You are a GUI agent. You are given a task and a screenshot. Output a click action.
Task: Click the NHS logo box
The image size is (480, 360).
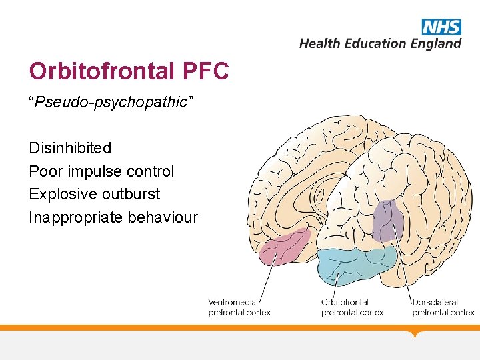click(x=441, y=27)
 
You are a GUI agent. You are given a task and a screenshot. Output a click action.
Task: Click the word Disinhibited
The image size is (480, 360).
click(x=70, y=147)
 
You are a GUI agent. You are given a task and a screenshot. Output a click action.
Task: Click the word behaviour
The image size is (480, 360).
click(x=163, y=217)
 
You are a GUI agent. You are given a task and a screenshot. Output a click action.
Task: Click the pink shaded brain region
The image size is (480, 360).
click(x=285, y=246)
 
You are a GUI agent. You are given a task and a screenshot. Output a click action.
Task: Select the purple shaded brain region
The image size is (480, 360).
click(x=387, y=221)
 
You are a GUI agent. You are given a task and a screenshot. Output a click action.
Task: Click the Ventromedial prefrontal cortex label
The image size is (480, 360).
click(x=239, y=307)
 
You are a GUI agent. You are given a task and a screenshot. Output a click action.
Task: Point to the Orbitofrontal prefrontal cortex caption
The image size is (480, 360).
click(x=352, y=307)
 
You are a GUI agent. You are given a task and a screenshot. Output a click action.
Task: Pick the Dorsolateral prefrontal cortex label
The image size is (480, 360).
click(x=443, y=307)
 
